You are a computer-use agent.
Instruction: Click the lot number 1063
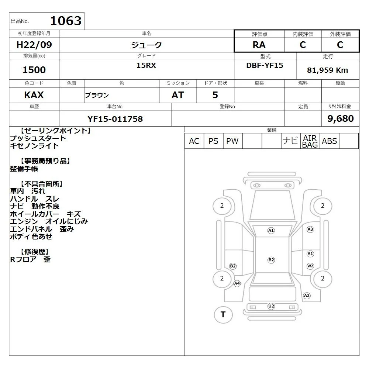click(66, 21)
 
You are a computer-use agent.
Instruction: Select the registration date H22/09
click(34, 45)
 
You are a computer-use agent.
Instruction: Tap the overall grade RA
click(259, 45)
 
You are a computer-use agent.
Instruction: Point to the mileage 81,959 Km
click(327, 70)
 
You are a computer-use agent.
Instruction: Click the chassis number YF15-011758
click(115, 119)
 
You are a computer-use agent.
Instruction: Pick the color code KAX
click(34, 95)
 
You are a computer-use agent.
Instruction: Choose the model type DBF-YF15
click(265, 65)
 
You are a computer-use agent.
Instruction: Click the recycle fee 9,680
click(341, 118)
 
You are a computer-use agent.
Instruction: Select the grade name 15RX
click(146, 65)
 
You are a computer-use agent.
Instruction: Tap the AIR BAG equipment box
click(310, 141)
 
